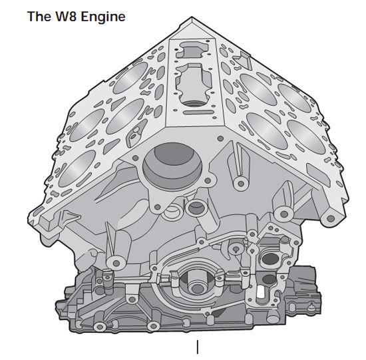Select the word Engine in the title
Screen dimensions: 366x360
pyautogui.click(x=104, y=17)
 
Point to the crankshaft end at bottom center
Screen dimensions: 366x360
pyautogui.click(x=196, y=285)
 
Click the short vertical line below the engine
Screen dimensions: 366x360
pyautogui.click(x=198, y=347)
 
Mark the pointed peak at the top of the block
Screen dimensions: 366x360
pyautogui.click(x=192, y=18)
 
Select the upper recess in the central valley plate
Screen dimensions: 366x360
pyautogui.click(x=192, y=49)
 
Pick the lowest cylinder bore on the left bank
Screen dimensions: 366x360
pyautogui.click(x=77, y=168)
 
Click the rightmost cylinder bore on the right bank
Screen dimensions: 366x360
pyautogui.click(x=306, y=137)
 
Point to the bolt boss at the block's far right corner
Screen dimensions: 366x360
pyautogui.click(x=331, y=218)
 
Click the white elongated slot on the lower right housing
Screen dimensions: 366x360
pyautogui.click(x=260, y=292)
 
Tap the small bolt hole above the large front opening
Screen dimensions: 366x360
pyautogui.click(x=220, y=138)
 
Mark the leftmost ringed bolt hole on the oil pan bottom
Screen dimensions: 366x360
pyautogui.click(x=100, y=327)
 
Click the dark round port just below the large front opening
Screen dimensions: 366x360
pyautogui.click(x=196, y=208)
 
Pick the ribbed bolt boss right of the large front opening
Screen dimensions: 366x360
pyautogui.click(x=240, y=184)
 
